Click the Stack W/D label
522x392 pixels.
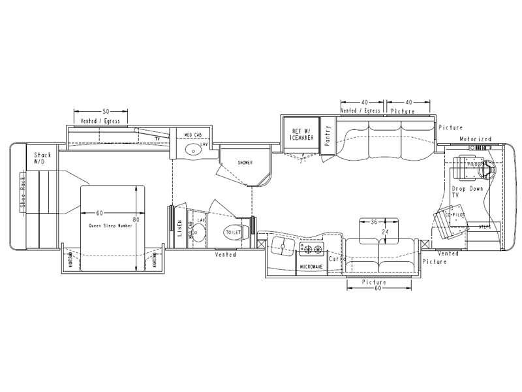tap(42, 159)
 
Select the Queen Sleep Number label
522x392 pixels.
tap(110, 225)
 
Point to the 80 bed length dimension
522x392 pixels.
tap(136, 219)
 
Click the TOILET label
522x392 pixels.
tap(233, 231)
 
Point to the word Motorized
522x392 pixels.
tap(475, 139)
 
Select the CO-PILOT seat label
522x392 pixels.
tap(454, 212)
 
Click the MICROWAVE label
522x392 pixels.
tap(312, 267)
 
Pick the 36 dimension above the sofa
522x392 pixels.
tap(374, 222)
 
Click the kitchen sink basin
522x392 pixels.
tap(281, 247)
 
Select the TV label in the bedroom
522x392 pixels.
tap(157, 140)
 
